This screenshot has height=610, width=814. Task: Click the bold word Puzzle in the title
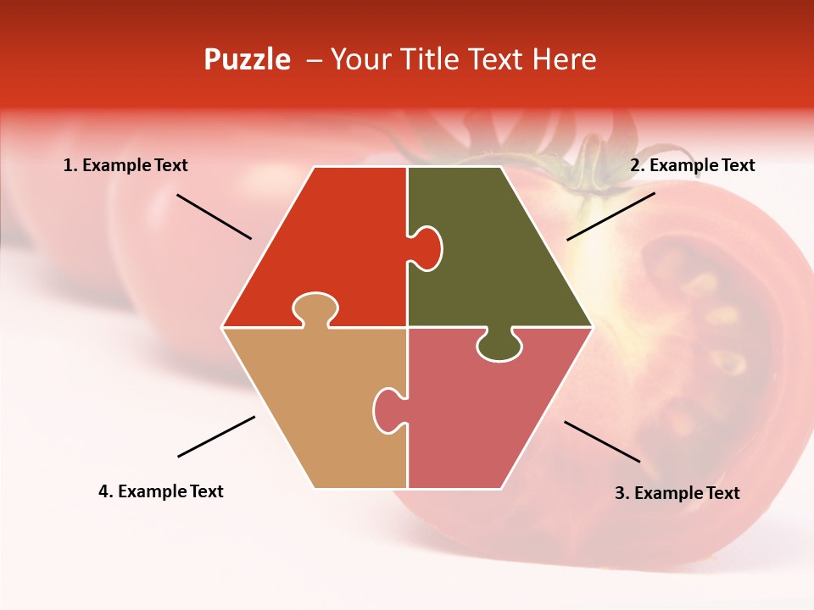247,59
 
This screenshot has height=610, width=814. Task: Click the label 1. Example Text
125,165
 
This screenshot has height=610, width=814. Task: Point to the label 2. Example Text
692,165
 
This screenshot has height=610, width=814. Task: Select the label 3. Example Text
677,493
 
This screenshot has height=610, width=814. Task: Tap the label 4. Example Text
160,491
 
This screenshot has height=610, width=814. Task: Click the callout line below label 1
214,216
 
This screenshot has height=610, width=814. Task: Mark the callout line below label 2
610,216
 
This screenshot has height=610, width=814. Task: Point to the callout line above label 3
602,441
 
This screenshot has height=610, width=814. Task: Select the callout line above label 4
216,436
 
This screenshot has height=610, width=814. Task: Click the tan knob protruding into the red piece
315,307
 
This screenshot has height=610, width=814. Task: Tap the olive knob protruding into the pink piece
499,346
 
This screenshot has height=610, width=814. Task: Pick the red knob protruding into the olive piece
427,247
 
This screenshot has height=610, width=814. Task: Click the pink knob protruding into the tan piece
388,410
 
